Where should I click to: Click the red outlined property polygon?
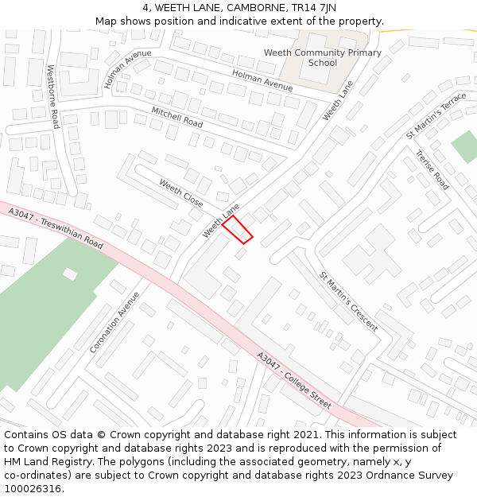coord(237,229)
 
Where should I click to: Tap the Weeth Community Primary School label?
coord(322,57)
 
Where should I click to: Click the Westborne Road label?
coord(52,97)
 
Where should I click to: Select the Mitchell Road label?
coord(176,118)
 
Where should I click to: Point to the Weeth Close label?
coord(180,192)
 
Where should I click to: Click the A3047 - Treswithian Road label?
coord(56,228)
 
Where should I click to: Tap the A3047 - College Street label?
coord(293,381)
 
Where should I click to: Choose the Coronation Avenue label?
coord(114,322)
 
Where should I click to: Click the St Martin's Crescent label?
coord(349,297)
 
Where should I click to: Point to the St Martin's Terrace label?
coord(436,116)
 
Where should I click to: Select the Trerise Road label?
coord(432,170)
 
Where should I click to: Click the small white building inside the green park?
coord(71,274)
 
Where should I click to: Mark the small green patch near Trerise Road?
coord(465,146)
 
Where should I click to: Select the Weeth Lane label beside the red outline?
coord(220,220)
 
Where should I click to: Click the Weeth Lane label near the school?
coord(337,101)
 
